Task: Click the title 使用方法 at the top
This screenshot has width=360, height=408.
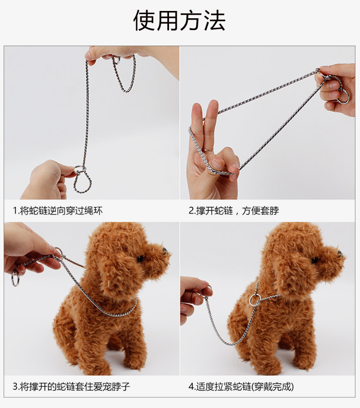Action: tap(179, 21)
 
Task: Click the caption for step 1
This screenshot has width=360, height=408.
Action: tap(58, 210)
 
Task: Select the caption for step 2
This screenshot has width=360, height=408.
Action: tap(233, 210)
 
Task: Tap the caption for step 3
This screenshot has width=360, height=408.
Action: tap(71, 387)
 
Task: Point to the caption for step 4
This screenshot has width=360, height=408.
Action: tap(241, 387)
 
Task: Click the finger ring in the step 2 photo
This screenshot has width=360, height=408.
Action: tap(208, 150)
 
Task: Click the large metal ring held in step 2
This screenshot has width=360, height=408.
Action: tap(342, 97)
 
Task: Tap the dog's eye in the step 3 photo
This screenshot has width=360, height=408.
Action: tap(140, 258)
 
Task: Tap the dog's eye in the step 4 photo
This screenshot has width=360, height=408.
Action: tap(315, 259)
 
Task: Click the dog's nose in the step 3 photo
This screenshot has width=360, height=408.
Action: tap(164, 251)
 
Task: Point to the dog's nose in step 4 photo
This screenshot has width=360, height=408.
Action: tap(340, 253)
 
